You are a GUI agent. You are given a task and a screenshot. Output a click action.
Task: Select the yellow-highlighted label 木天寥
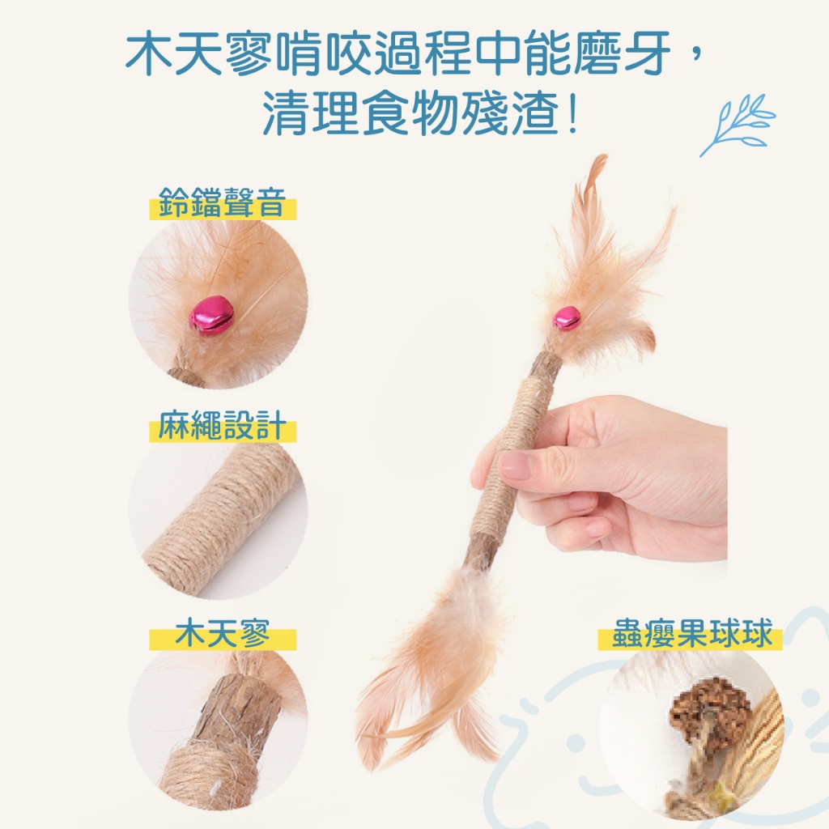(222, 633)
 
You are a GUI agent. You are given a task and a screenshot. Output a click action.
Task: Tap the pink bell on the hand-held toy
(567, 318)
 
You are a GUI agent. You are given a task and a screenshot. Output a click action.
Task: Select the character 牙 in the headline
(646, 53)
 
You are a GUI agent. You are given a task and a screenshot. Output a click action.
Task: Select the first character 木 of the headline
(150, 53)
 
